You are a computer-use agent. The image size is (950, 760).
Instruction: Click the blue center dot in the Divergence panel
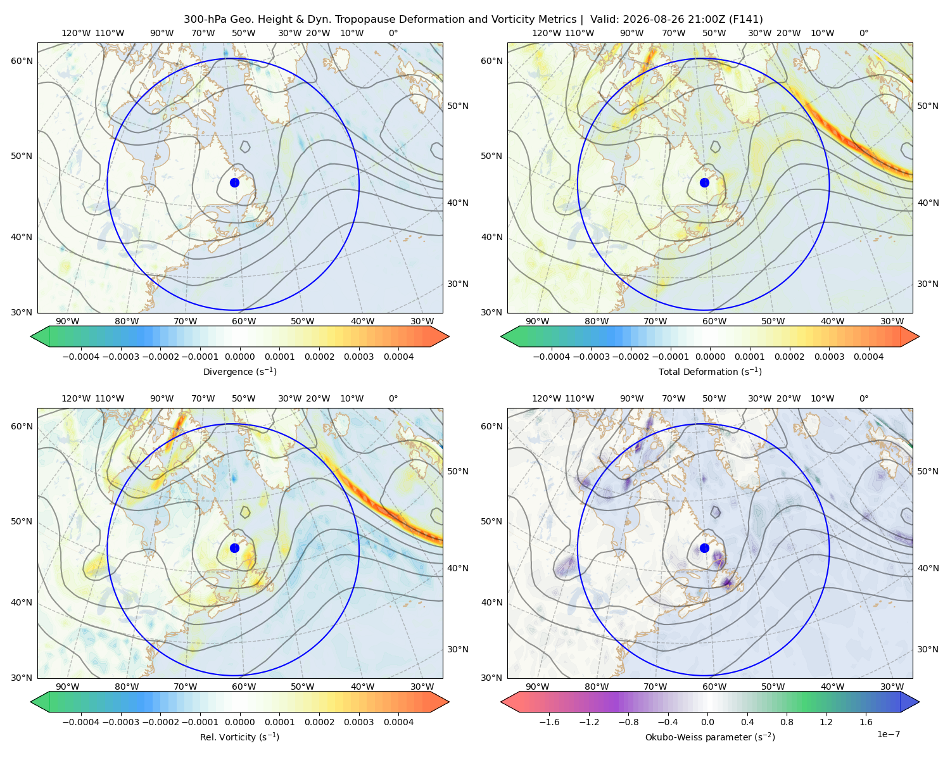tap(234, 183)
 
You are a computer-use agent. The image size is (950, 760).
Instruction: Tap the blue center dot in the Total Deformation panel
tap(704, 183)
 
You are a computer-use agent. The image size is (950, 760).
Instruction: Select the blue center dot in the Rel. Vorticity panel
tap(234, 548)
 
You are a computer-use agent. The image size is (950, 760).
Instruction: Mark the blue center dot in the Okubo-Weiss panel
tap(704, 548)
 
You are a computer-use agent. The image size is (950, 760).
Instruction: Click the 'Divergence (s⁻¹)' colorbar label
tap(239, 371)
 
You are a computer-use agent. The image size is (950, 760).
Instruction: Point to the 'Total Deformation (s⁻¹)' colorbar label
tap(710, 371)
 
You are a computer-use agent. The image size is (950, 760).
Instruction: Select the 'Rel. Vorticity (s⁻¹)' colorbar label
tap(239, 737)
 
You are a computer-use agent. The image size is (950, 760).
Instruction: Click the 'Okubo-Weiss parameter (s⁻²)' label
tap(710, 737)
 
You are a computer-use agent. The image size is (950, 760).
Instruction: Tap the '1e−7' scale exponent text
tap(888, 734)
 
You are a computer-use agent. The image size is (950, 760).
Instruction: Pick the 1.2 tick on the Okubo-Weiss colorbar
tap(826, 721)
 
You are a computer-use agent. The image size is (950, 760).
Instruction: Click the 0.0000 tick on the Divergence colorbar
tap(239, 357)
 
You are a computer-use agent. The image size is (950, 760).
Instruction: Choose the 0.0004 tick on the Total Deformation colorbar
tap(868, 357)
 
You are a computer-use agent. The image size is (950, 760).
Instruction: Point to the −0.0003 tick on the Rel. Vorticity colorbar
tap(120, 721)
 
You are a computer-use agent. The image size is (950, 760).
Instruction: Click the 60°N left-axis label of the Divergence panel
tap(22, 61)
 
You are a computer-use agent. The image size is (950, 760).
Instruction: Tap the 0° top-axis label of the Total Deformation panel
tap(863, 33)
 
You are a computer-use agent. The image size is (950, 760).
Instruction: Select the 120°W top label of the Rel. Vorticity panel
tap(76, 398)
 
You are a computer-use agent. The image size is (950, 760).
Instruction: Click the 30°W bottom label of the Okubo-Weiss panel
tap(892, 687)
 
